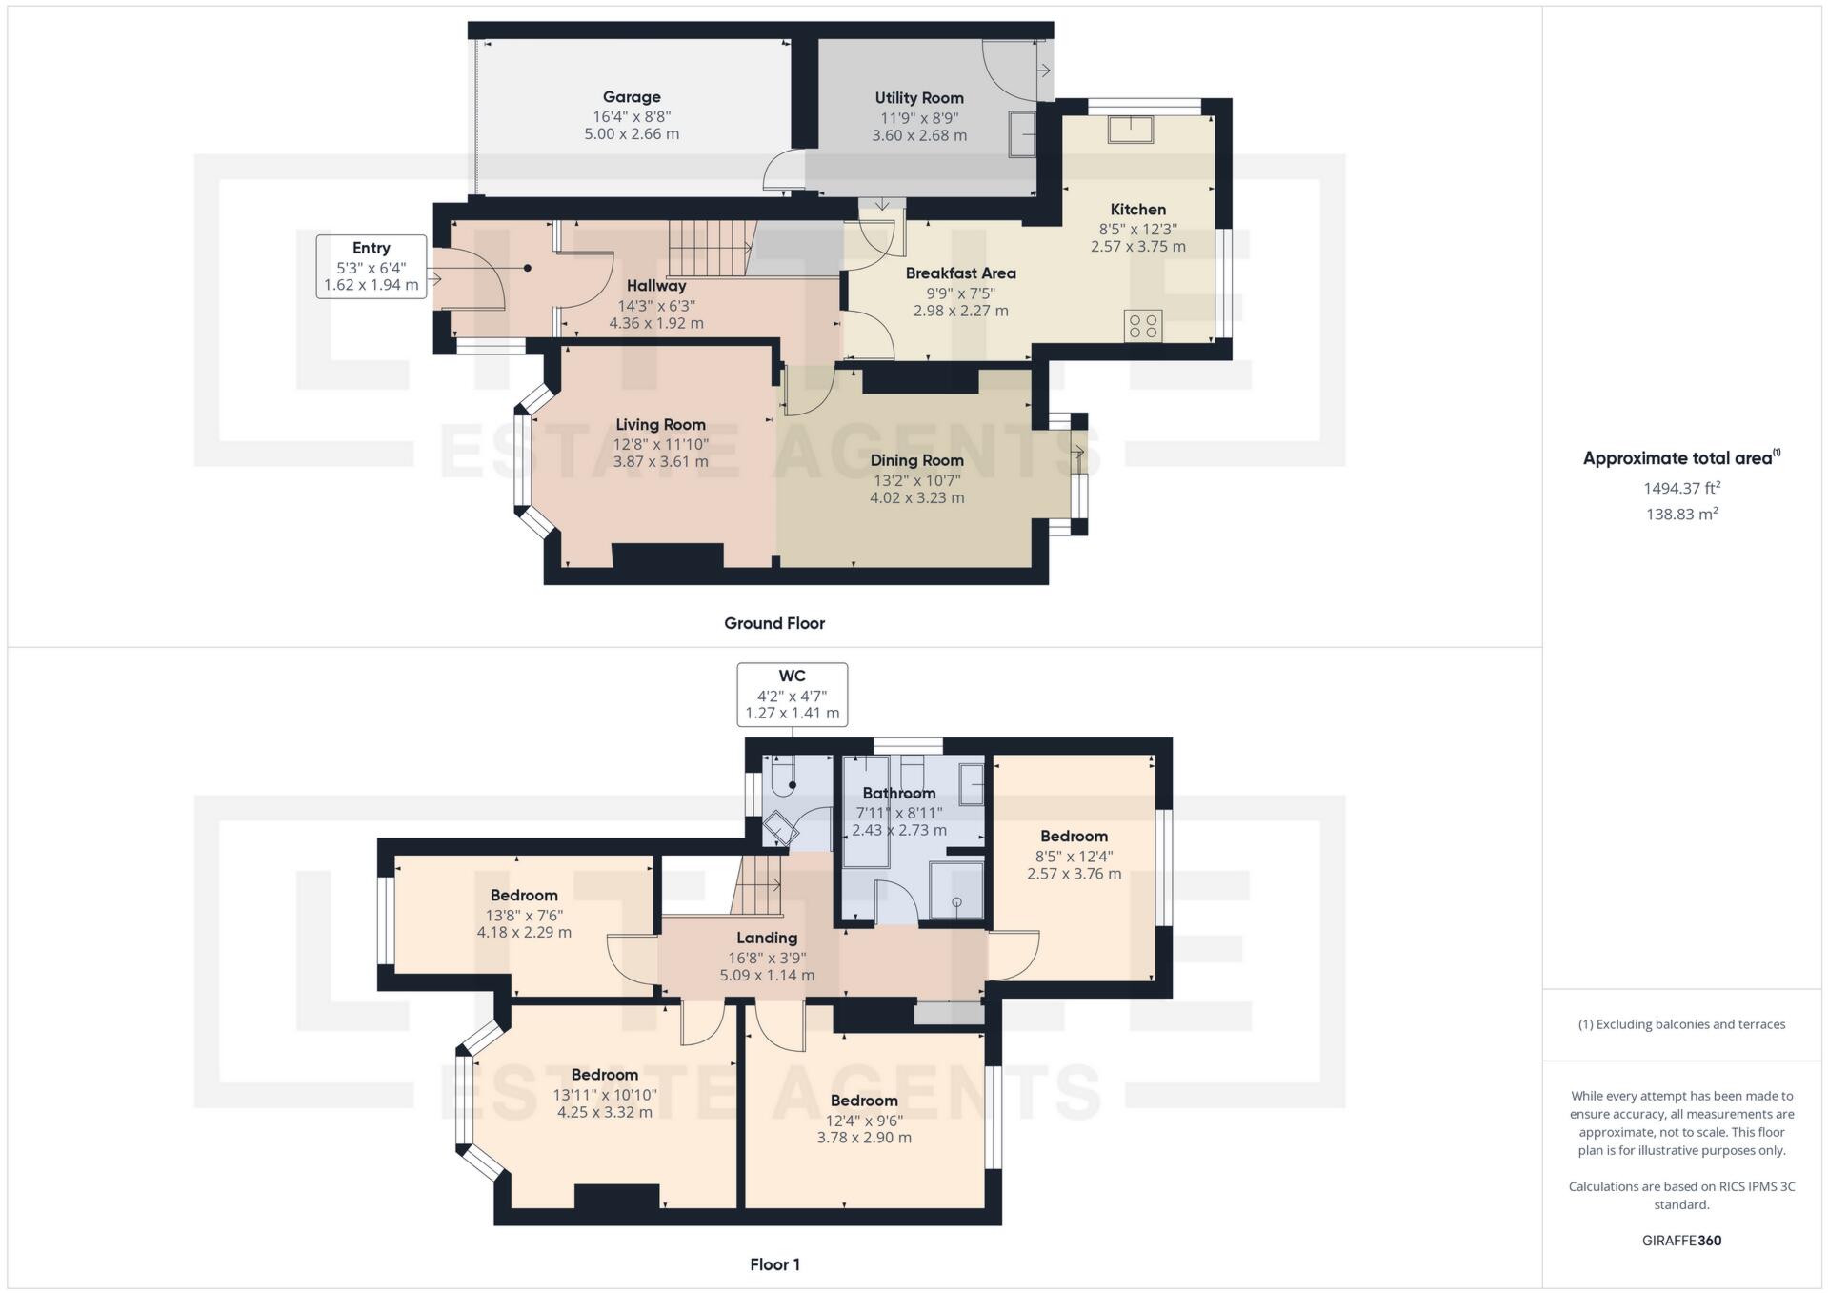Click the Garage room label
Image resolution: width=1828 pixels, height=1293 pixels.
632,97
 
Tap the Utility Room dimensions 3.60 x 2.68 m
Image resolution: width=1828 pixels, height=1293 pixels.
919,135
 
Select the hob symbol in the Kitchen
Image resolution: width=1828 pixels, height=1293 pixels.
1142,326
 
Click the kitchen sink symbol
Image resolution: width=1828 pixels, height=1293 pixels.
1131,129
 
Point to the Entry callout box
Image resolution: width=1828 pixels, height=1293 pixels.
372,266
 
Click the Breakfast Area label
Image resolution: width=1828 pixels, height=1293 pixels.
960,273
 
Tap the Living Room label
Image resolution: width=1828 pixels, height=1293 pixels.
660,425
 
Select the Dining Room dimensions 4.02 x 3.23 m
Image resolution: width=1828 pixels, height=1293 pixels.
916,497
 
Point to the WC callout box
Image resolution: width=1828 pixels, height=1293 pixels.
792,695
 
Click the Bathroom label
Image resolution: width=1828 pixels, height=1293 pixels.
898,793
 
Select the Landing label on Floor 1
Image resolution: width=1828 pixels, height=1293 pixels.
766,938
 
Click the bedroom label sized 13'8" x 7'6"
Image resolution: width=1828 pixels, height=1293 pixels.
524,896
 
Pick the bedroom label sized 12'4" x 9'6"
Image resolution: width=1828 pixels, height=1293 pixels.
864,1101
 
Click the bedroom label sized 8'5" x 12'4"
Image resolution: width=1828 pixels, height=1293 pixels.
1074,837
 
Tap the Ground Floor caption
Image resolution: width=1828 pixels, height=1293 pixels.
773,623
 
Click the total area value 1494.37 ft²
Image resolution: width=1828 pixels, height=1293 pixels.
1681,488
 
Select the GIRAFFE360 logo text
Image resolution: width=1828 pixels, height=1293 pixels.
1681,1241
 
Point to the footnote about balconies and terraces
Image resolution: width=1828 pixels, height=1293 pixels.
1681,1024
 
